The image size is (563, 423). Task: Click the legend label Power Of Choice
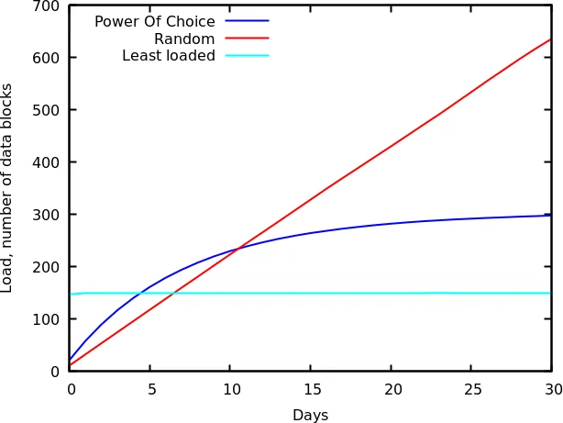coord(155,21)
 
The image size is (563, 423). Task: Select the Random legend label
coord(184,39)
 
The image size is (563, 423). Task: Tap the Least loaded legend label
coord(169,56)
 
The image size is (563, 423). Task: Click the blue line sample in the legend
coord(247,21)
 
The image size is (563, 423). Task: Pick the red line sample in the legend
coord(247,39)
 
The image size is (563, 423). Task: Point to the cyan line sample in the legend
coord(247,56)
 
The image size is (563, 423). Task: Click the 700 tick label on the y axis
coord(46,6)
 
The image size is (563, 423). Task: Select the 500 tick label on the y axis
coord(46,110)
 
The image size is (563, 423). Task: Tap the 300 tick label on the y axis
coord(46,215)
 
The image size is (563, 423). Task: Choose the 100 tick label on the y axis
coord(46,319)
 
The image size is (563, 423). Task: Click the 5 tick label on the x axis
coord(151,389)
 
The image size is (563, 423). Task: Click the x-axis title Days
coord(310,415)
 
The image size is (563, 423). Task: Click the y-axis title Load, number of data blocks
coord(8,188)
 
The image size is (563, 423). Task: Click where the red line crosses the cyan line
coord(171,294)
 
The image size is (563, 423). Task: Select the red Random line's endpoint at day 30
coord(551,39)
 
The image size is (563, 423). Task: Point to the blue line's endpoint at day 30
coord(551,215)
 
